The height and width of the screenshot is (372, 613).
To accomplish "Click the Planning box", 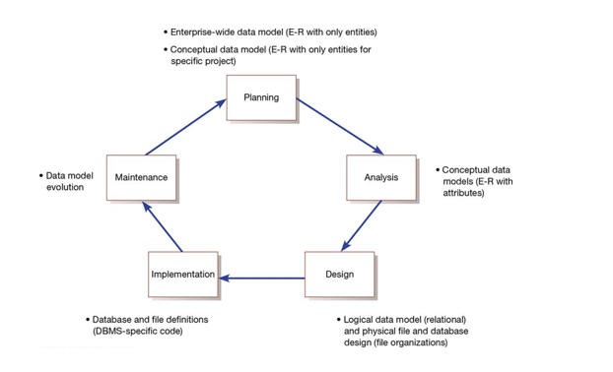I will pos(261,98).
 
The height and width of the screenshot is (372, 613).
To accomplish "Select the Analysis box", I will pos(380,177).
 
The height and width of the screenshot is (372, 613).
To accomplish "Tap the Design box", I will pos(339,275).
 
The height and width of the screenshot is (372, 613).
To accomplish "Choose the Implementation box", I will pos(183,275).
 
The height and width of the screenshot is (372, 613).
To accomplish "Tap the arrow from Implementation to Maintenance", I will pos(162,227).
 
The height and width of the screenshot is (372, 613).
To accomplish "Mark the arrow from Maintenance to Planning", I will pos(187,125).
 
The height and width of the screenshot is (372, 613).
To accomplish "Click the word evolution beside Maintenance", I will pos(64,187).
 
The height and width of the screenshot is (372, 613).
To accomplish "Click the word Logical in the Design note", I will pos(361,320).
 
